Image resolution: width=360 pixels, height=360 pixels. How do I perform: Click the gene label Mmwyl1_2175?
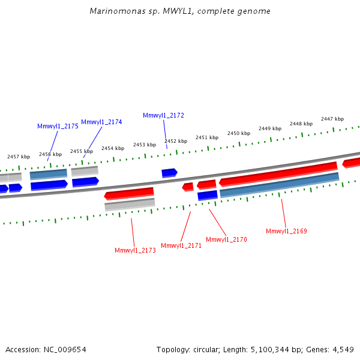58,126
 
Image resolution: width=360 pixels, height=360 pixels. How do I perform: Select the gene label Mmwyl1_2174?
101,122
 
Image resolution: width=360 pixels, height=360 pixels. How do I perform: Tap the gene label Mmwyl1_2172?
163,115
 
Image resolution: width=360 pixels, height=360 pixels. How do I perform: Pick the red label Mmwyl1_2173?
135,250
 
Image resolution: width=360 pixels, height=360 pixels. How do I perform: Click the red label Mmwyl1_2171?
181,245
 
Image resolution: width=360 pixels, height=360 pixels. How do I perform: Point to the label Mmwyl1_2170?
226,239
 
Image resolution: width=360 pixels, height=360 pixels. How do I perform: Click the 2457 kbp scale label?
19,157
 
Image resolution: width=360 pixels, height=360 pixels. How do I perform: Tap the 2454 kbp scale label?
113,148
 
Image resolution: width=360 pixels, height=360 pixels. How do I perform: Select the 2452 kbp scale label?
176,141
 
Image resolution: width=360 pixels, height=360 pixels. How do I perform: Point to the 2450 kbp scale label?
238,133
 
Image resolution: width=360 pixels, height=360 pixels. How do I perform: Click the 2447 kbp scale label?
332,119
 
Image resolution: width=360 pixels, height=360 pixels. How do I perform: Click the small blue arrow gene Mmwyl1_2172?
169,173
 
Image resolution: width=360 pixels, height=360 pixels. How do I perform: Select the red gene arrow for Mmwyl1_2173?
129,193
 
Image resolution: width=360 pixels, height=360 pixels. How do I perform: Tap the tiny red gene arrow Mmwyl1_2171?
188,187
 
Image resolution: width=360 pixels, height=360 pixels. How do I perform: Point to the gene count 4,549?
342,349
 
